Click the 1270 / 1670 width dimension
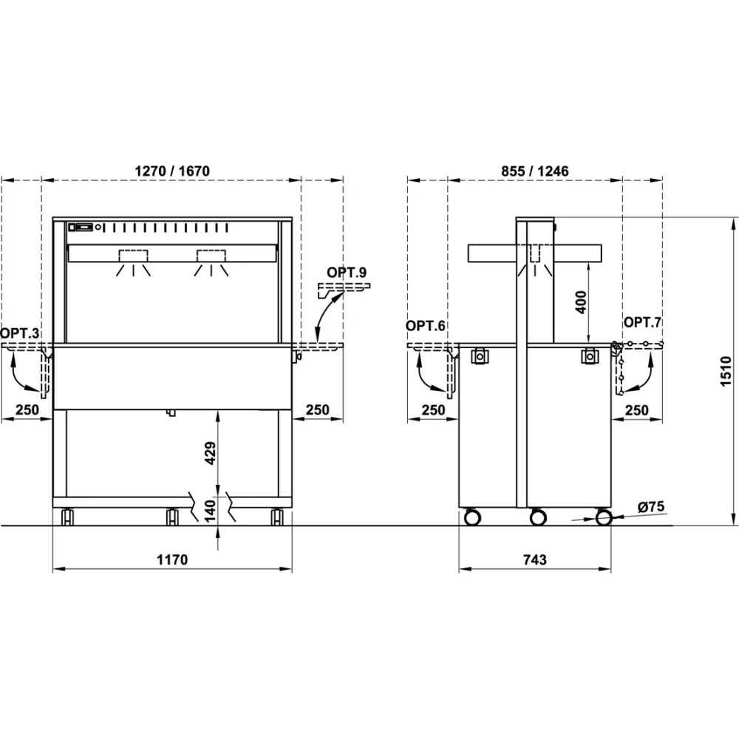(x=172, y=171)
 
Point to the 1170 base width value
(x=172, y=559)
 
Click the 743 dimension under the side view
(x=534, y=559)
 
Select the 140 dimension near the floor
(x=209, y=511)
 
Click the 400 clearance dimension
(x=582, y=302)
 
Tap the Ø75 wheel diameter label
(x=650, y=507)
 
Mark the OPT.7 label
(x=643, y=322)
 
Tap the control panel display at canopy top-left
(x=83, y=227)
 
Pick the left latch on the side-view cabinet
(x=480, y=355)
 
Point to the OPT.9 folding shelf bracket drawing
(x=342, y=288)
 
